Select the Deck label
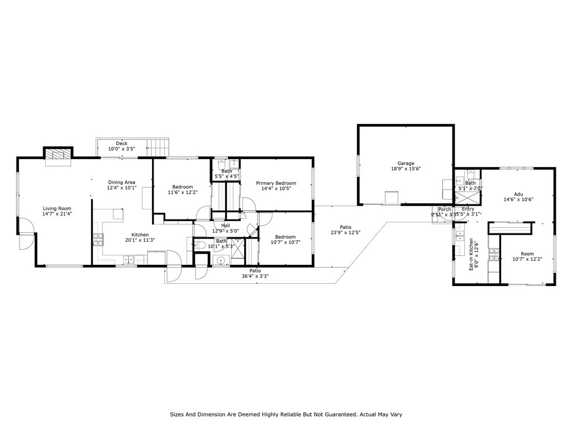pos(121,144)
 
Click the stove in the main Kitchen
pos(98,240)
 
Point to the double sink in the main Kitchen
pos(128,259)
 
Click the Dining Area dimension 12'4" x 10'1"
pos(121,188)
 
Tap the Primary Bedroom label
pos(276,183)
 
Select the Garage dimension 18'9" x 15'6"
pos(406,169)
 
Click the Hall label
pos(225,226)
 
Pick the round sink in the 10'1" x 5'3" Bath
pos(220,260)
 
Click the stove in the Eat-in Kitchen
pos(493,254)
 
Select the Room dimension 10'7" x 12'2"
pos(527,259)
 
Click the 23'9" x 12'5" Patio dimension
pos(345,233)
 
